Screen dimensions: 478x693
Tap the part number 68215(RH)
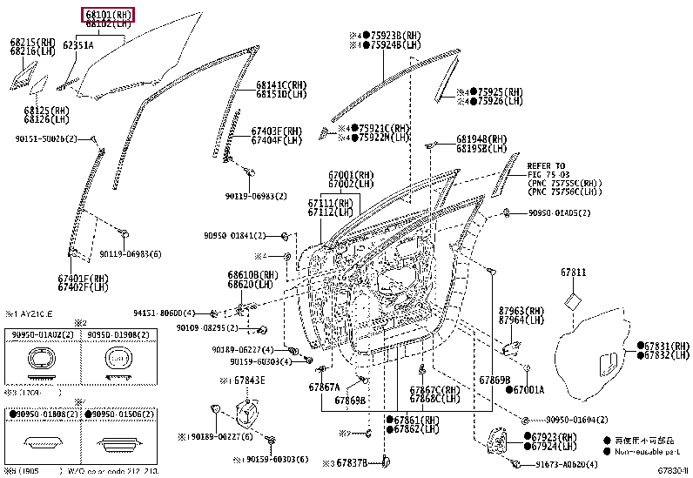33,42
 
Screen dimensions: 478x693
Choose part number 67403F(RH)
277,131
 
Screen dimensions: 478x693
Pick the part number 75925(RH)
501,91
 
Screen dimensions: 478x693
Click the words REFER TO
546,165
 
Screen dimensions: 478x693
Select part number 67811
574,273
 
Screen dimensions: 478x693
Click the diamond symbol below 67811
572,301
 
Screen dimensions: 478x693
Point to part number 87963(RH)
521,310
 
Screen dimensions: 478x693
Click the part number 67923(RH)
554,436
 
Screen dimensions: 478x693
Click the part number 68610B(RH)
253,274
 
